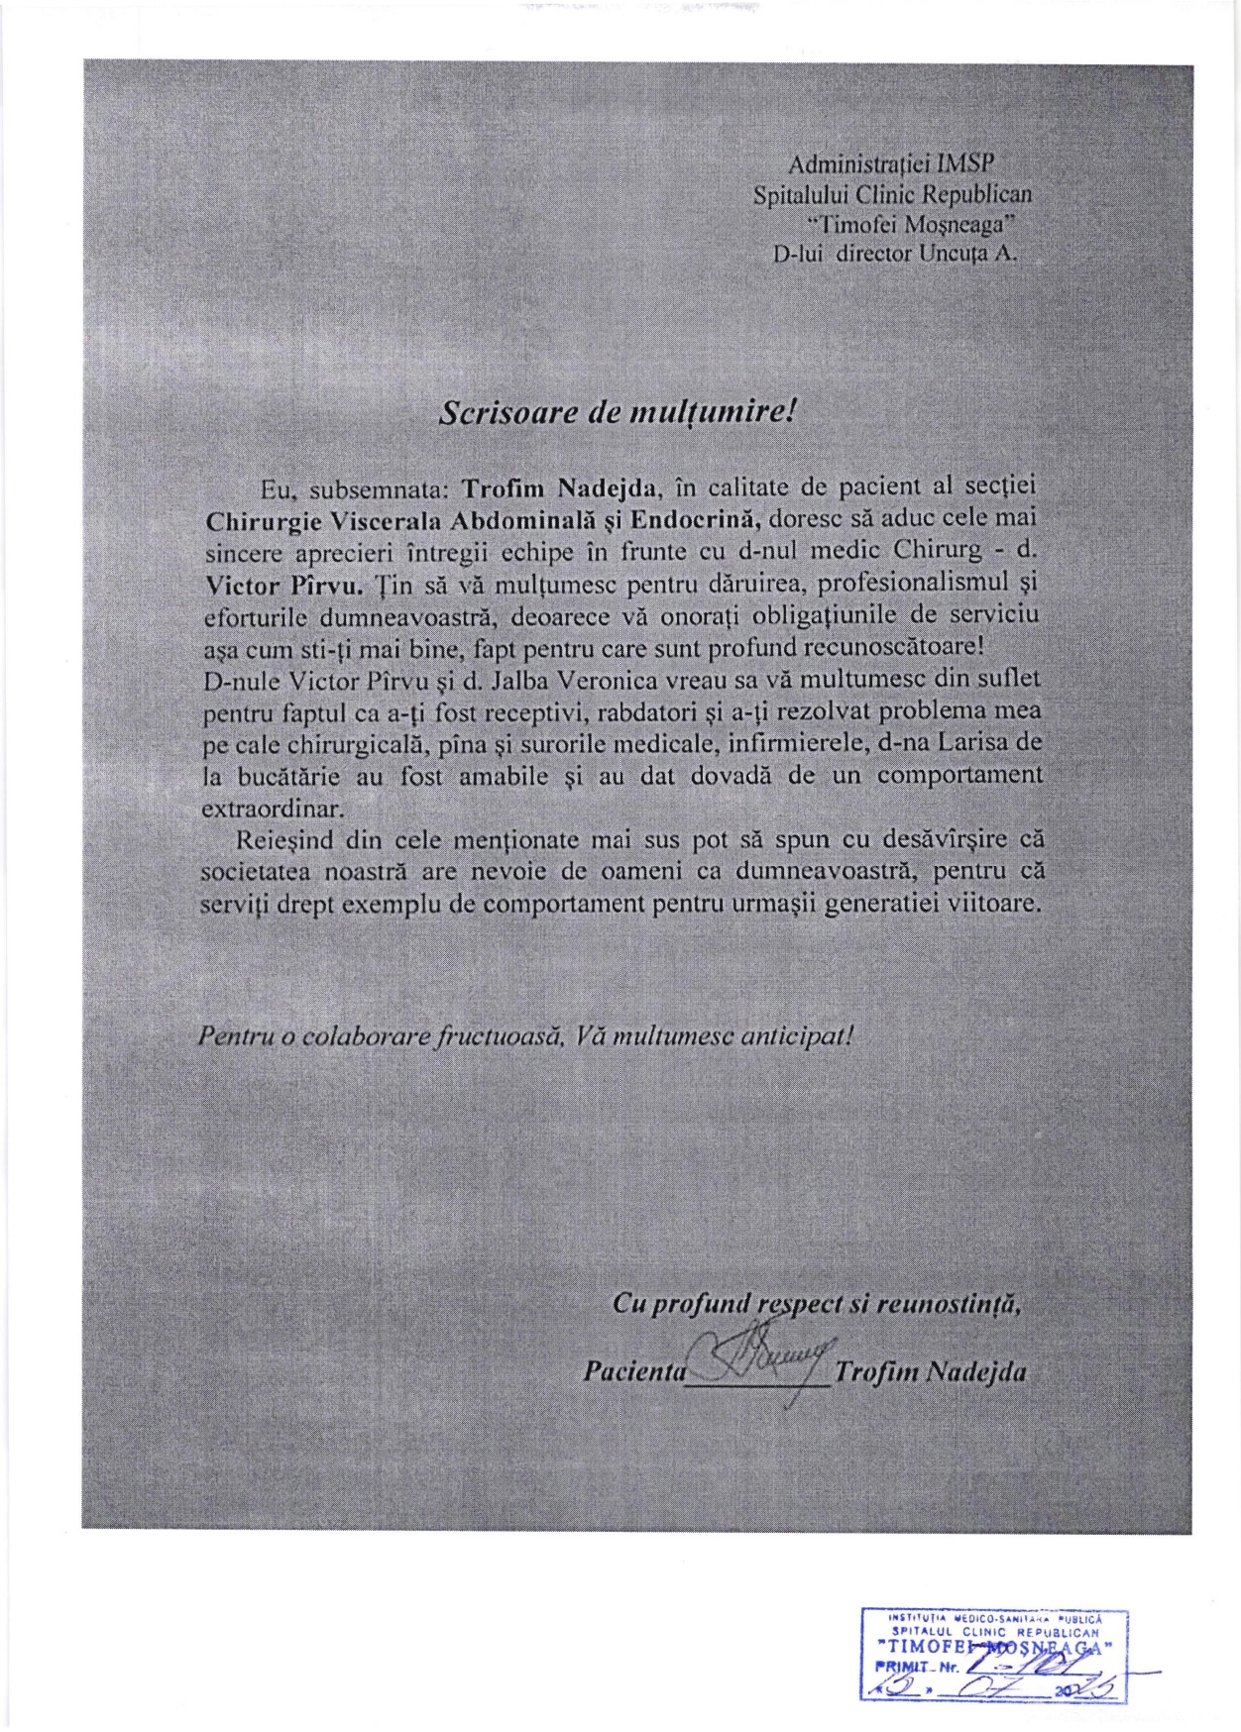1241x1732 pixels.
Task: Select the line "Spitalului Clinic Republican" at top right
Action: (892, 193)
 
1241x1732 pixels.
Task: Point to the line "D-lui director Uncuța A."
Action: (894, 253)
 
